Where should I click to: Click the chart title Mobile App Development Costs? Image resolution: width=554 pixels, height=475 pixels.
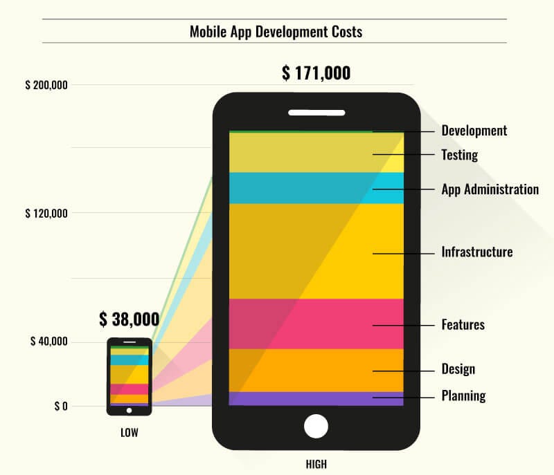click(x=276, y=32)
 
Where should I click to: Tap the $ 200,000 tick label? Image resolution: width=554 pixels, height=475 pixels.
click(x=46, y=86)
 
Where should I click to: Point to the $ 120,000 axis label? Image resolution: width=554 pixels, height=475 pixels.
click(x=46, y=214)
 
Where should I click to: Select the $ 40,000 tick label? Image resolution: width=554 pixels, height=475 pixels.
click(x=48, y=342)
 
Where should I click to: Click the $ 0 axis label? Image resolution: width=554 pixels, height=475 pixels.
click(x=61, y=406)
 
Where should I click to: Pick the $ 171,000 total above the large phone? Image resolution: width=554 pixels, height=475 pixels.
click(x=316, y=73)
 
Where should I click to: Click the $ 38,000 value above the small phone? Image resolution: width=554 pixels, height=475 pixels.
click(x=129, y=319)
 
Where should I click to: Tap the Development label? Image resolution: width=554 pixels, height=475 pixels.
click(x=474, y=131)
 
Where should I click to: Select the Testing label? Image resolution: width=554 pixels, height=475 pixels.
click(x=459, y=154)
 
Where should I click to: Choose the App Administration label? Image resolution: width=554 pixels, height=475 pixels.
click(x=490, y=189)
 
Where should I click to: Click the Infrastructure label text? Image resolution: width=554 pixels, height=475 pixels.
click(x=476, y=252)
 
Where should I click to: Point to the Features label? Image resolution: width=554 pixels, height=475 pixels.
click(x=463, y=324)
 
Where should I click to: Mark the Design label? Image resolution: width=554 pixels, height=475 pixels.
click(x=458, y=369)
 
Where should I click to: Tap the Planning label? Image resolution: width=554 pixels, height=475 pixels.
click(x=463, y=396)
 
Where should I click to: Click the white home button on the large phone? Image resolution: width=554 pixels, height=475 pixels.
click(x=316, y=426)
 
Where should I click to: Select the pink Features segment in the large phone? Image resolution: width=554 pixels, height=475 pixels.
click(x=316, y=324)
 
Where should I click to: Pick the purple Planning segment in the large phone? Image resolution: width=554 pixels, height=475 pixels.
click(x=316, y=398)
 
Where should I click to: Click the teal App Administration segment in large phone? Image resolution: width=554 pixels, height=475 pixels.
click(x=316, y=188)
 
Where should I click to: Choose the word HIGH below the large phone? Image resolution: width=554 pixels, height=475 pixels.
click(x=316, y=464)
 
